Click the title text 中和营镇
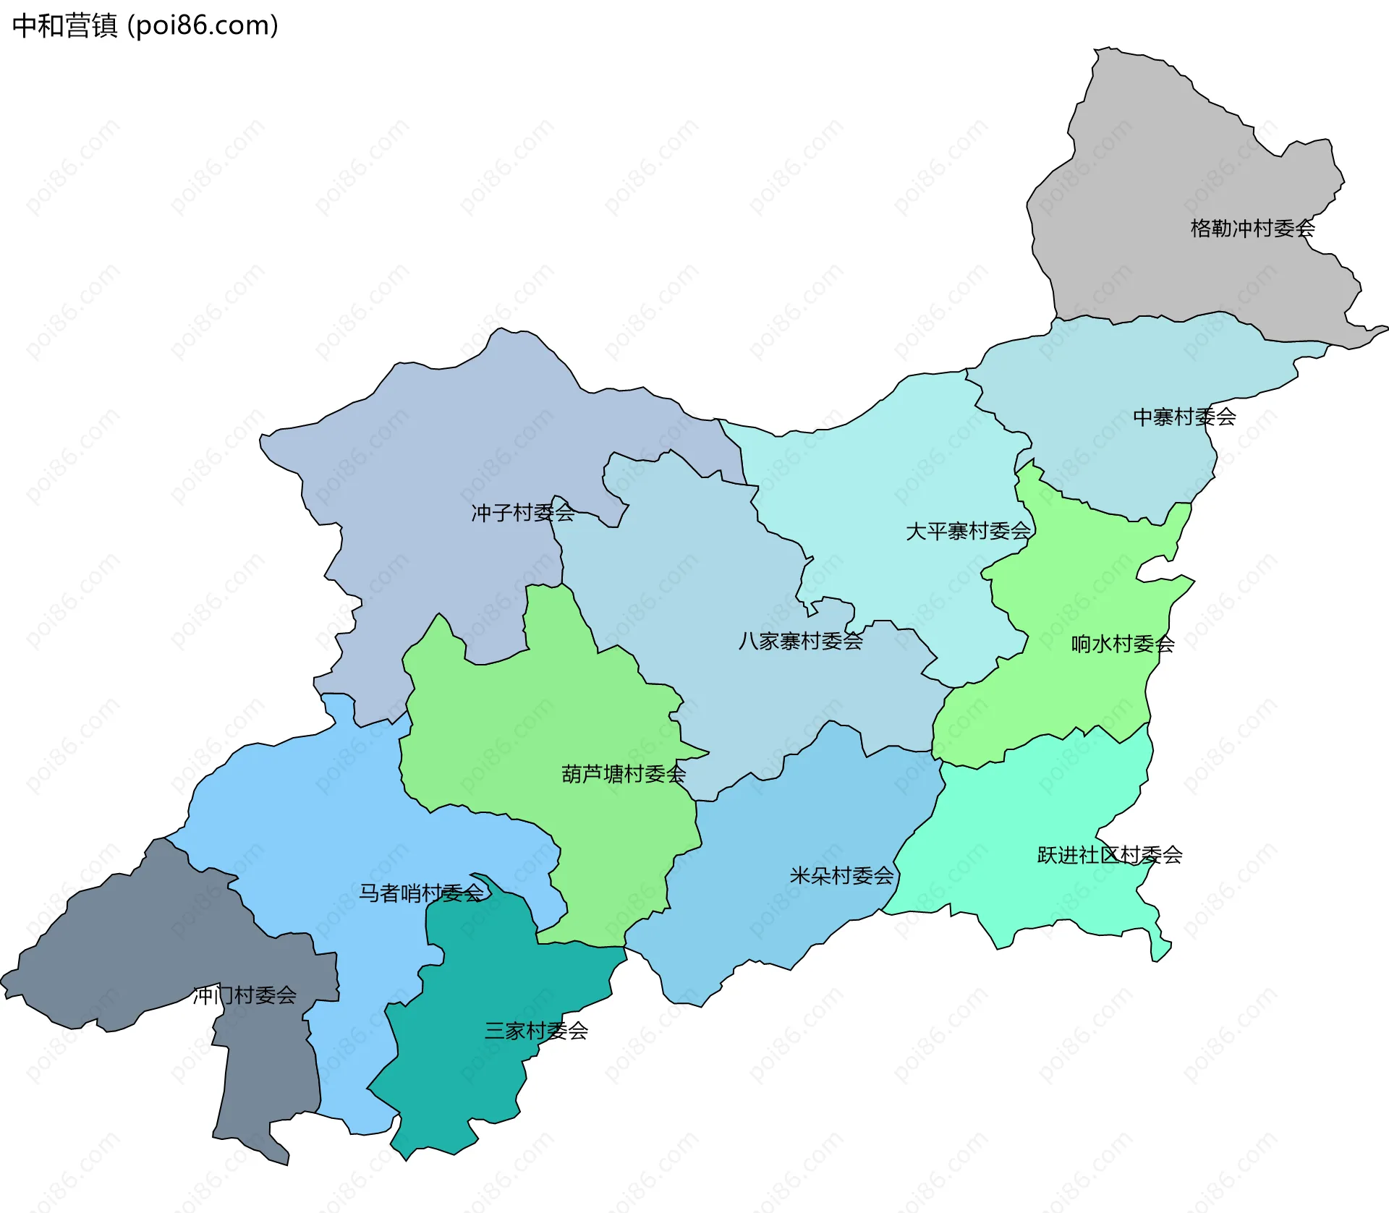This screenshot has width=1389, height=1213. (65, 26)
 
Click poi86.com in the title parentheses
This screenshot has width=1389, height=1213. (203, 26)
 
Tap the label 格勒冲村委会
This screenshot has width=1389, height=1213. (1252, 229)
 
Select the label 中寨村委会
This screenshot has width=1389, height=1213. (1184, 417)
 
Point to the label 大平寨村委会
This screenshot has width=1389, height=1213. (968, 531)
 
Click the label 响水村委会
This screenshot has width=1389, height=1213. (1123, 643)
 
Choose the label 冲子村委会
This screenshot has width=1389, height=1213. (523, 513)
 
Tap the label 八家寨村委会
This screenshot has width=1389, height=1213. (800, 640)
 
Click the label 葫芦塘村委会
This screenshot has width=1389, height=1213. (624, 774)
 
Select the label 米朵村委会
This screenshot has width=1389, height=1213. (841, 876)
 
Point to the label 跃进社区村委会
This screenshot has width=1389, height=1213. (1110, 855)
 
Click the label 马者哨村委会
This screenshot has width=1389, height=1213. (421, 893)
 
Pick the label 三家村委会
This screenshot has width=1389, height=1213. (536, 1031)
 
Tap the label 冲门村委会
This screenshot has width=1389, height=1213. (245, 995)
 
